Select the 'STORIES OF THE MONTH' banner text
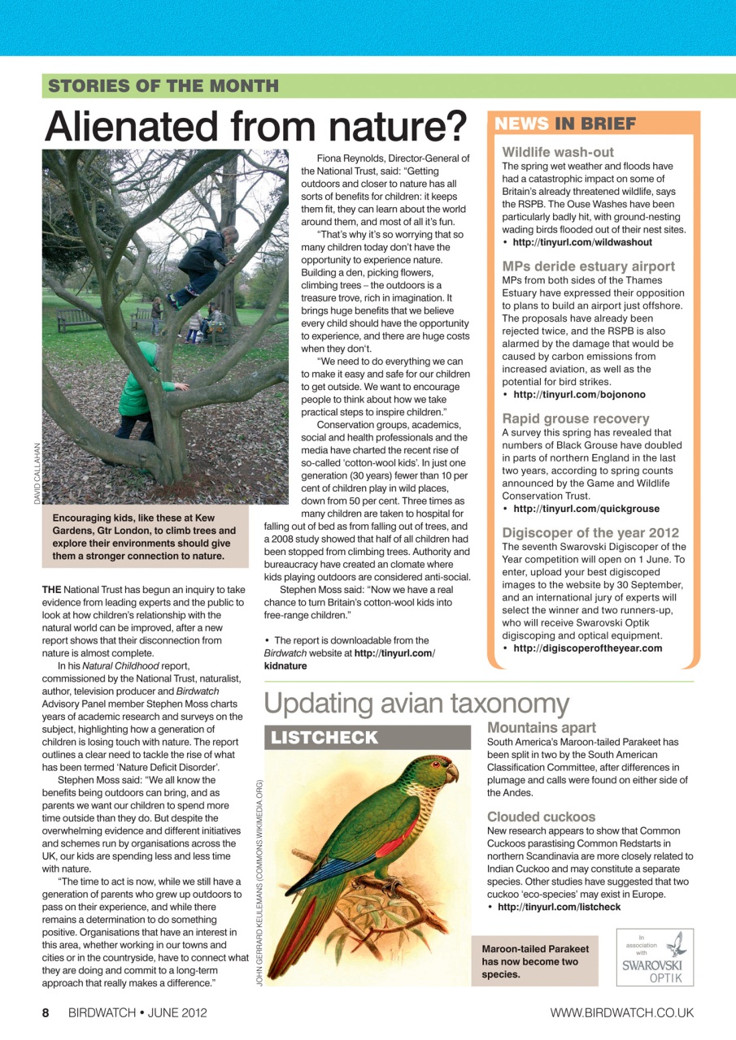pos(163,86)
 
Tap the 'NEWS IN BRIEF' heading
pos(564,123)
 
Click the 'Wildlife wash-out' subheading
pos(558,152)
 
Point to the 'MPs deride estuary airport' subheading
pos(588,266)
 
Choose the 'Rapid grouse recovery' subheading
pos(575,419)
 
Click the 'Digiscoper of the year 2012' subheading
pos(590,533)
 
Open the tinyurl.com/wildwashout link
pos(582,242)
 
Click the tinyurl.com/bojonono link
pos(579,395)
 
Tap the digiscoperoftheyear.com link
pos(587,648)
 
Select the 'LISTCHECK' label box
pos(325,738)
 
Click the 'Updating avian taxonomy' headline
pos(416,704)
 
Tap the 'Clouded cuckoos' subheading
pos(541,817)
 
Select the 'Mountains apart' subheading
pos(541,728)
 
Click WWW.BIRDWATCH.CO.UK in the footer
pos(621,1012)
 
